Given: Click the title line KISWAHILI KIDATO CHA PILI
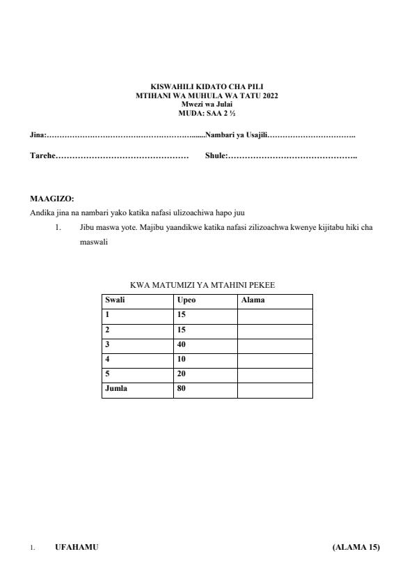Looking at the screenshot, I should point(207,86).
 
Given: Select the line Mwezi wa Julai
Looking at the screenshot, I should point(207,104).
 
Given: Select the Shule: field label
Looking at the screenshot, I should point(216,156).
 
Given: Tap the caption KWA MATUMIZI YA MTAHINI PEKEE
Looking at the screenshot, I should point(207,285).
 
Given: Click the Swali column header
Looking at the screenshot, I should point(116,300).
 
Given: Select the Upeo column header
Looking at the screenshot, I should point(186,300).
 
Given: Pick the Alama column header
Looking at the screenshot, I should point(253,300).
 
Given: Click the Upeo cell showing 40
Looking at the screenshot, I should point(182,344).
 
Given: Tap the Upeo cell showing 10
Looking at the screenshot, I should point(182,359).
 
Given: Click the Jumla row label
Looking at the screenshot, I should point(116,389).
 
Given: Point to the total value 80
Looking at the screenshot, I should point(182,389).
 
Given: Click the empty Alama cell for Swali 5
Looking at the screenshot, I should point(275,374).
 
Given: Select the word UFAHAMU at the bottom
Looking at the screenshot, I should point(77,547).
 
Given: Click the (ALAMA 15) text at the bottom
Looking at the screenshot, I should point(356,547).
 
